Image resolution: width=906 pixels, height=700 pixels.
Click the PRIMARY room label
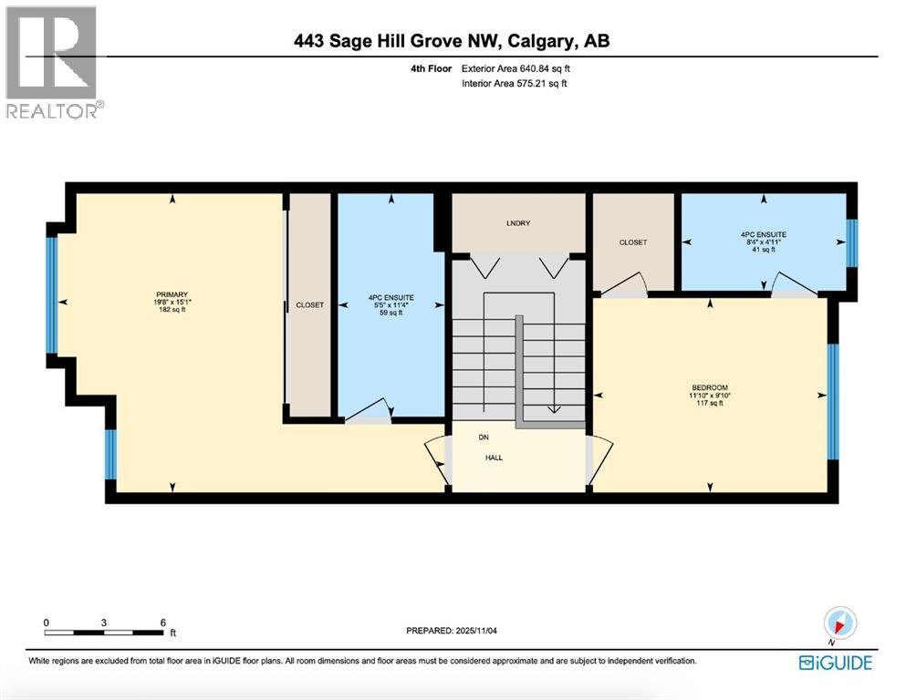172,294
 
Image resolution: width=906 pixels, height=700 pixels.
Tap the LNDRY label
519,223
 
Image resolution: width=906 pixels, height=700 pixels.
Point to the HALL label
494,458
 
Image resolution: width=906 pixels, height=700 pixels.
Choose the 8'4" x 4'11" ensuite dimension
763,242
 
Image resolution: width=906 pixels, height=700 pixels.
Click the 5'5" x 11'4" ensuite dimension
391,305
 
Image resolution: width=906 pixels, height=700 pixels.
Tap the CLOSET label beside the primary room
309,305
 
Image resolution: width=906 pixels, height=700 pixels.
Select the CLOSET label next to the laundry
632,242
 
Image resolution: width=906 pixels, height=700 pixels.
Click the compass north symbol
840,623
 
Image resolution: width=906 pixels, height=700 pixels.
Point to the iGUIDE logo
835,663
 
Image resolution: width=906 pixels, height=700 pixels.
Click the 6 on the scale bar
163,622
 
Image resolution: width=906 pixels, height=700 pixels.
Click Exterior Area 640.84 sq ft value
519,68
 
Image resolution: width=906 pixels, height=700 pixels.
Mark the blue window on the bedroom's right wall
832,401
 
